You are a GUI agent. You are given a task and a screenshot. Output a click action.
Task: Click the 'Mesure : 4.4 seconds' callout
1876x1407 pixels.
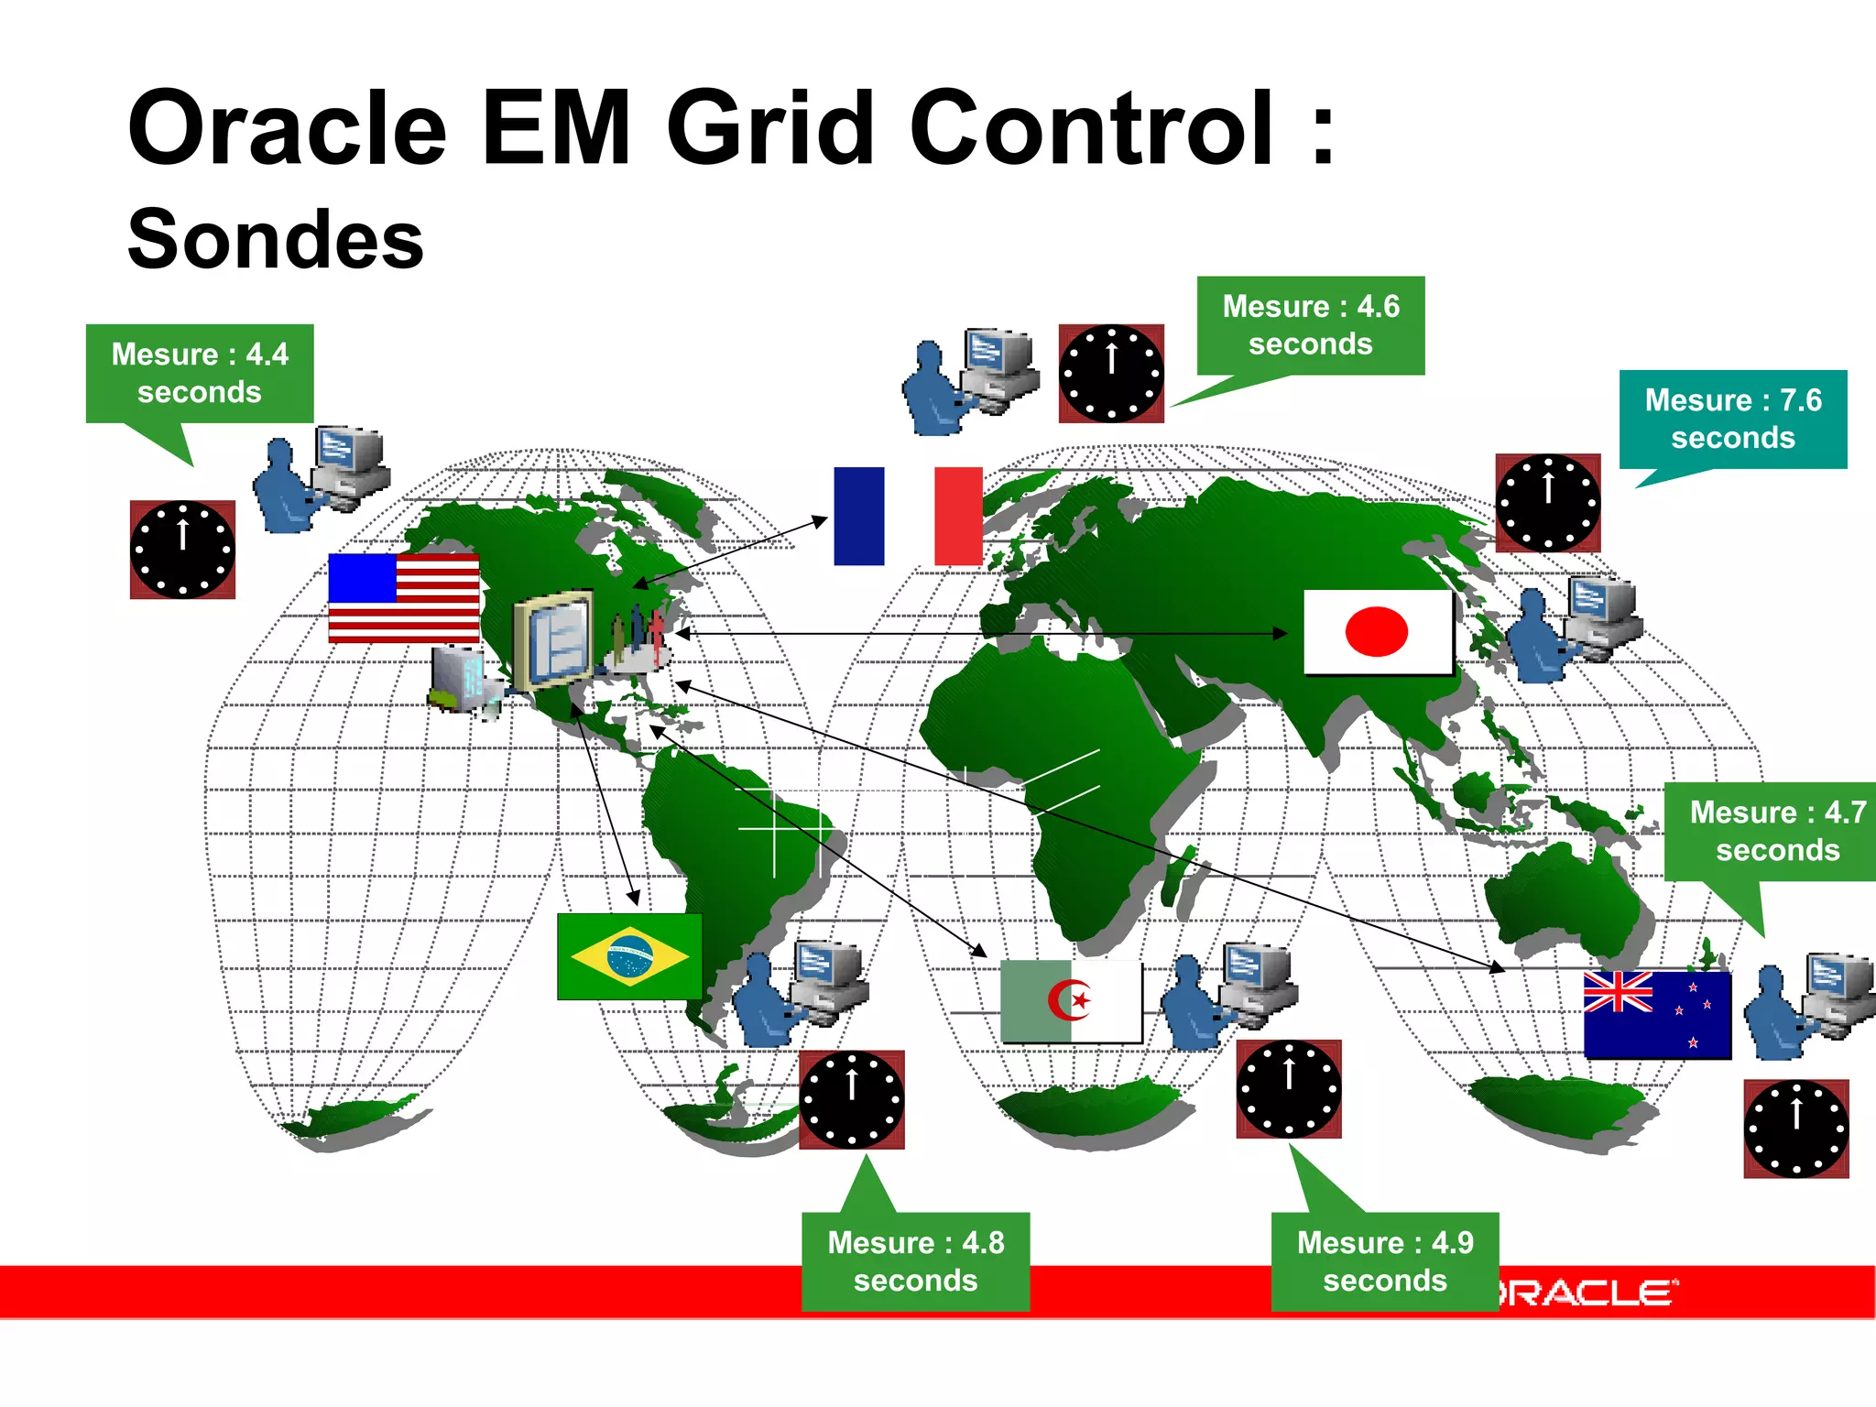pyautogui.click(x=200, y=373)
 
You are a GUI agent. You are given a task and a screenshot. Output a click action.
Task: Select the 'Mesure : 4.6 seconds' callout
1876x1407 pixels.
pyautogui.click(x=1311, y=325)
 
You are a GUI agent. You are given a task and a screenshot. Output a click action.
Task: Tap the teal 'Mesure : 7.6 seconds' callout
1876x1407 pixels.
pyautogui.click(x=1733, y=419)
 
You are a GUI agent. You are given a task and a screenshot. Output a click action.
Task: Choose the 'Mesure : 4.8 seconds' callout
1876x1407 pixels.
pyautogui.click(x=916, y=1260)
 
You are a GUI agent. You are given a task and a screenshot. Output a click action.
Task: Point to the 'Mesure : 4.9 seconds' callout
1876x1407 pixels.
pyautogui.click(x=1385, y=1260)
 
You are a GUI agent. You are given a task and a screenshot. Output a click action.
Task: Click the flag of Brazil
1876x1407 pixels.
pyautogui.click(x=629, y=956)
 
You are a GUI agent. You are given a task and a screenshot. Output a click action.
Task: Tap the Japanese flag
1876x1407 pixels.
pyautogui.click(x=1377, y=632)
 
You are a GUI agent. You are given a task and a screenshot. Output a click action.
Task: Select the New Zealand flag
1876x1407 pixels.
pyautogui.click(x=1657, y=1015)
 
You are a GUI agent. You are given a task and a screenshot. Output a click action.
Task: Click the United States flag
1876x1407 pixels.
pyautogui.click(x=404, y=597)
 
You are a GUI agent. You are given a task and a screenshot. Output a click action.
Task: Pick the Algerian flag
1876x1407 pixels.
pyautogui.click(x=1071, y=1001)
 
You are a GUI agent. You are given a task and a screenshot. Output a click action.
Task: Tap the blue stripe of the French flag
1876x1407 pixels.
pyautogui.click(x=858, y=516)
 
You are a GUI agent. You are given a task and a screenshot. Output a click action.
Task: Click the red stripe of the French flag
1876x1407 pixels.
pyautogui.click(x=958, y=516)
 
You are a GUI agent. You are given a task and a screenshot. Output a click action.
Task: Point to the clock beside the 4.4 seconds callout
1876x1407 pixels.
pyautogui.click(x=182, y=550)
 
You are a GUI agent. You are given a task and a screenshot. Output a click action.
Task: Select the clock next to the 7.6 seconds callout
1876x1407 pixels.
pyautogui.click(x=1548, y=503)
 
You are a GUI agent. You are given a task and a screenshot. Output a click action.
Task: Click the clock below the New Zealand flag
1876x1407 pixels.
pyautogui.click(x=1795, y=1129)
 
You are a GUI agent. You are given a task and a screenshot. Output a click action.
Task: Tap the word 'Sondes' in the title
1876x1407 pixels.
pyautogui.click(x=276, y=239)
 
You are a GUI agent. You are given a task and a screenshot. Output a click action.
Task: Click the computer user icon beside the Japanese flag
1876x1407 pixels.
pyautogui.click(x=1573, y=628)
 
